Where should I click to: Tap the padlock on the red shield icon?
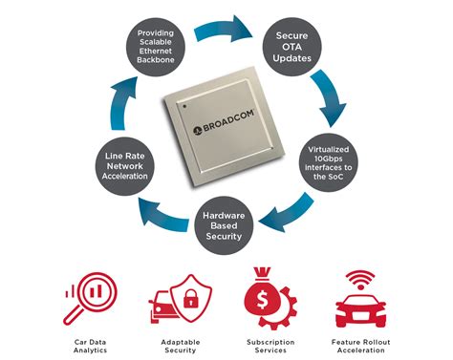pyautogui.click(x=188, y=300)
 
